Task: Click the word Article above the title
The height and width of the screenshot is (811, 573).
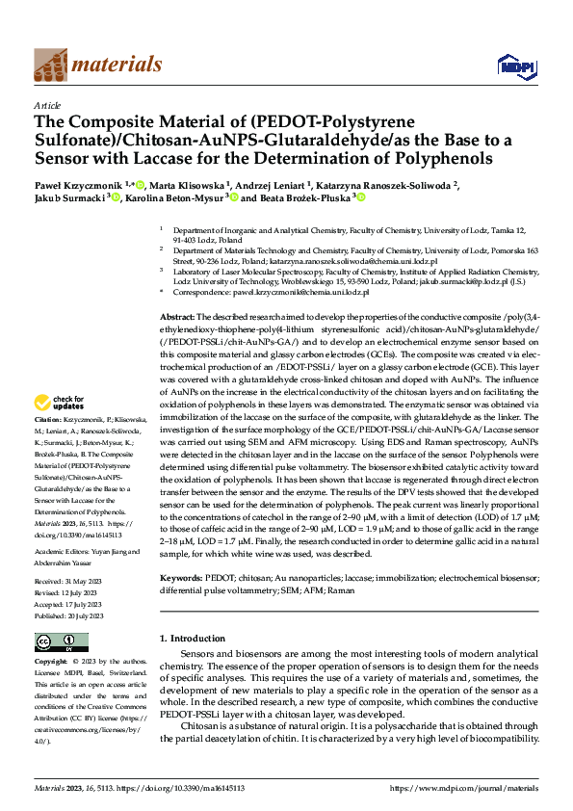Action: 47,105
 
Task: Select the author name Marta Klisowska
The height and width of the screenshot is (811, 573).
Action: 191,185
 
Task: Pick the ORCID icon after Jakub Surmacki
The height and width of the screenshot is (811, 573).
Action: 116,198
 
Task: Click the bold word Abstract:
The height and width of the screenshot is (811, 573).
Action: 177,317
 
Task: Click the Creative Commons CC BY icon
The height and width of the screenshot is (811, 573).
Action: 49,642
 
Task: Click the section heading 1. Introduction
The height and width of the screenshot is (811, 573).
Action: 191,640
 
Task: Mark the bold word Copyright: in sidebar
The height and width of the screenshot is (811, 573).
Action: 51,663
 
